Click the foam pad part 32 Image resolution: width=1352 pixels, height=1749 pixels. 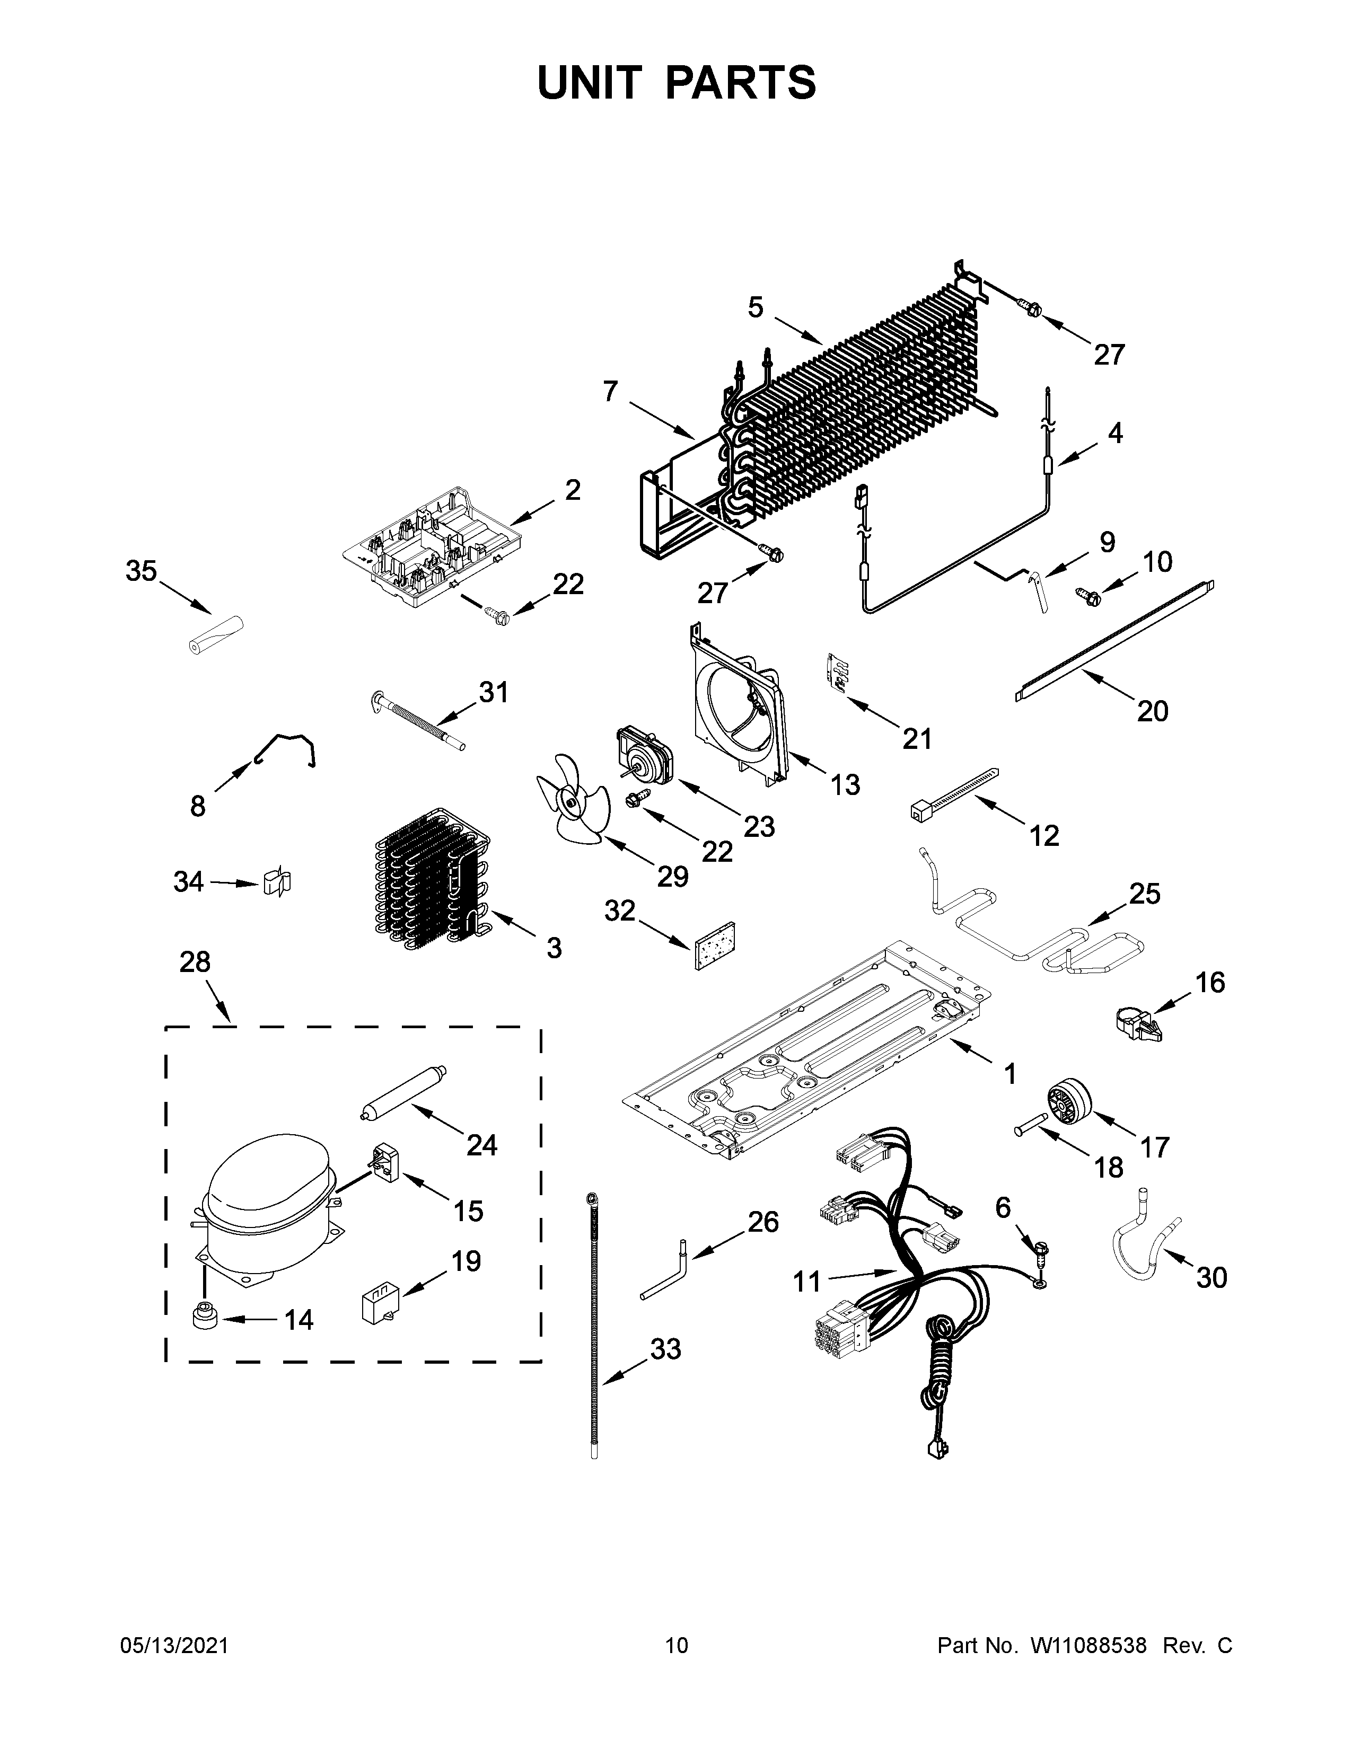[x=715, y=945]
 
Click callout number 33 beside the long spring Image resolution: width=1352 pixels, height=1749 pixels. [x=665, y=1349]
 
